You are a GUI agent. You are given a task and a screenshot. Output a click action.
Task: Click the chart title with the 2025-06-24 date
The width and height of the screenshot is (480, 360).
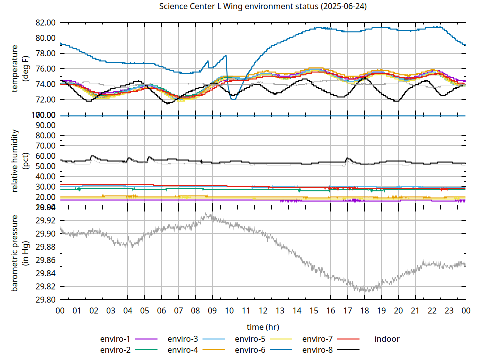click(263, 6)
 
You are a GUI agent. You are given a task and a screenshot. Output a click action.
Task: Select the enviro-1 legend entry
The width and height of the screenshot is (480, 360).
click(116, 339)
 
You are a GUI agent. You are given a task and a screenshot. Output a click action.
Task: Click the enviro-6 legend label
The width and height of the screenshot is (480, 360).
click(250, 350)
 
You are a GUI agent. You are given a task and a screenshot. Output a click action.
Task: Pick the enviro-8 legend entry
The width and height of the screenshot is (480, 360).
click(318, 350)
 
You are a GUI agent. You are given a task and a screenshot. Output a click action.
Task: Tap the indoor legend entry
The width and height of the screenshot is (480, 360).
click(387, 339)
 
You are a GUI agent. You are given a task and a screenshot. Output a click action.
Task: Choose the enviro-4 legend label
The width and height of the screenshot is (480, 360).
click(183, 350)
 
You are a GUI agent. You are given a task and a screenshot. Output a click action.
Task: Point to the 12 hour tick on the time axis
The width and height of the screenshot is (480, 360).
click(263, 310)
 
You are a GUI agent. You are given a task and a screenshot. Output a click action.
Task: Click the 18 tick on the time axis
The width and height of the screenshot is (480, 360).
click(364, 310)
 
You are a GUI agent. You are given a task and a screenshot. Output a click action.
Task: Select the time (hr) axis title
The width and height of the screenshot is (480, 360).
click(263, 327)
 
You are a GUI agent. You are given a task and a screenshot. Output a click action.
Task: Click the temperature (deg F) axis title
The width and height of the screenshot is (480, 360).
click(20, 69)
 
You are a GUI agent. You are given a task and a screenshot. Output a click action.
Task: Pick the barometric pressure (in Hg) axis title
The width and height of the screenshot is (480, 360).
click(20, 253)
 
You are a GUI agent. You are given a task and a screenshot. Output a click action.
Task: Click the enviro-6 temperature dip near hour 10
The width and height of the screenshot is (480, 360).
click(233, 100)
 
